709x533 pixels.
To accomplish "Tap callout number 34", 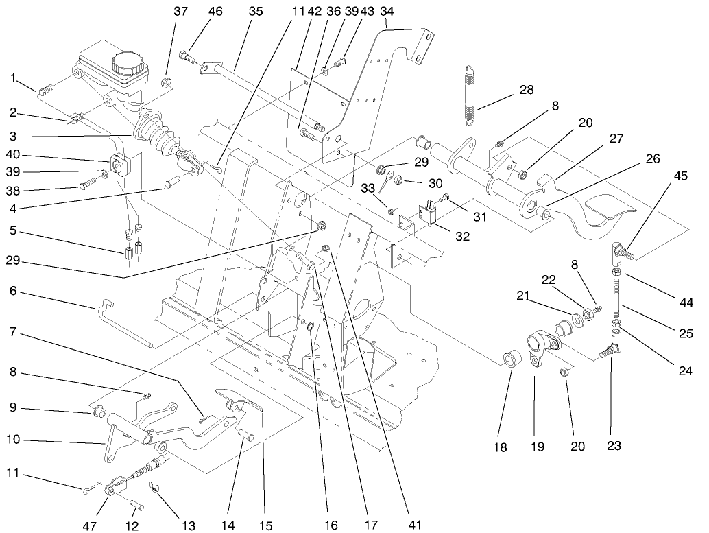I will (387, 11).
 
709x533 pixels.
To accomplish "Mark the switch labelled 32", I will (430, 211).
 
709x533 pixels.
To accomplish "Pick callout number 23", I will (614, 446).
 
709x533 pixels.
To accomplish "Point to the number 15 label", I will (266, 525).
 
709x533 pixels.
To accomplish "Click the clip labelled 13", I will (155, 488).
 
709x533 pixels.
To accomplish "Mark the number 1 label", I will (13, 78).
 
